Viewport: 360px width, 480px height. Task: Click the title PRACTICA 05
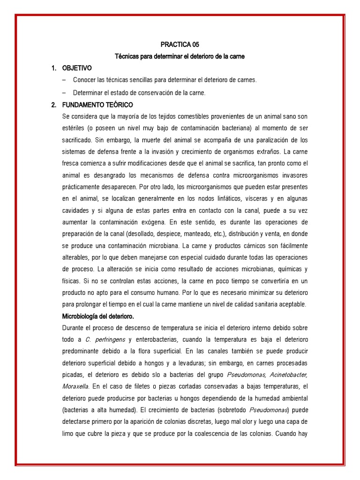pos(180,45)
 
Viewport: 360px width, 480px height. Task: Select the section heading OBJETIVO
pos(77,68)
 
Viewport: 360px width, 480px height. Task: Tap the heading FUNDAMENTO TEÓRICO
pos(97,104)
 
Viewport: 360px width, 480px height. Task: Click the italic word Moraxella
pos(75,386)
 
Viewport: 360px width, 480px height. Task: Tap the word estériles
pos(73,127)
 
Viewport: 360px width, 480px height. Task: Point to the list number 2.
pos(53,104)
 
